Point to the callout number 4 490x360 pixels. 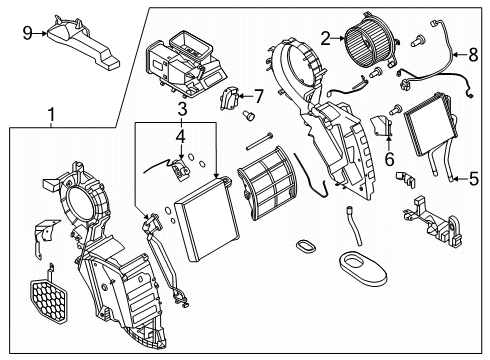(x=180, y=134)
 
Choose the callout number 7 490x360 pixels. (x=258, y=96)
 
